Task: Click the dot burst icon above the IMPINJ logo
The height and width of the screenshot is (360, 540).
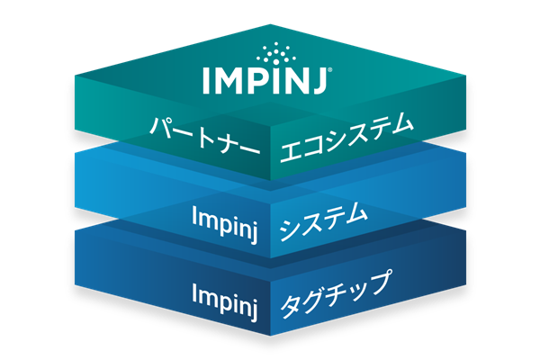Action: pos(275,53)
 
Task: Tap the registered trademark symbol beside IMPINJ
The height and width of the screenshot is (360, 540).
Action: pos(330,69)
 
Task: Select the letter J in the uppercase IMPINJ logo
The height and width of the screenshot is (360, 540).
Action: pos(318,81)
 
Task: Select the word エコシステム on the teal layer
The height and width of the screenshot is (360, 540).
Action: pos(346,139)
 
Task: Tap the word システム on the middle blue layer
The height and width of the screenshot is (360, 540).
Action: pos(323,221)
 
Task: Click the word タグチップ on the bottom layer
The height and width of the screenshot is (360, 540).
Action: pos(336,294)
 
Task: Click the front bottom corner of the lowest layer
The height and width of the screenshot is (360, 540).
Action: pos(270,336)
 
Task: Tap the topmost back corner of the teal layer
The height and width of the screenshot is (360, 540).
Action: pos(270,24)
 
